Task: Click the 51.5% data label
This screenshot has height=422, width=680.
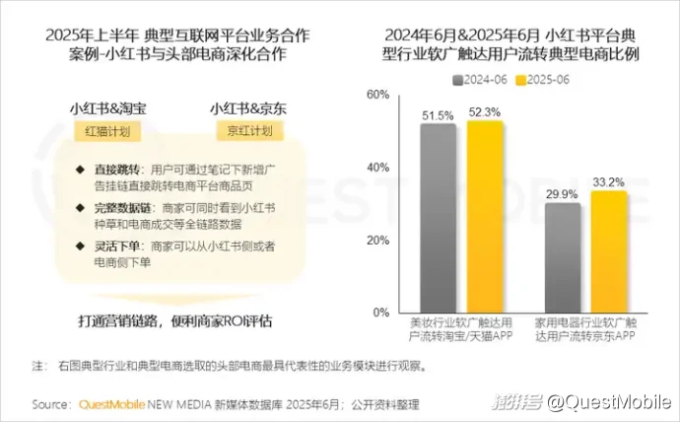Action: (438, 115)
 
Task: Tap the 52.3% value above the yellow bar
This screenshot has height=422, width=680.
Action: (485, 111)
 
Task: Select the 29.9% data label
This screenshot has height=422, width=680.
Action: (562, 195)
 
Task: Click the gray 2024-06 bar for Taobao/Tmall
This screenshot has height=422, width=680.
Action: (438, 218)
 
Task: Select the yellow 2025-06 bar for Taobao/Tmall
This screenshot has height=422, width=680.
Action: (485, 216)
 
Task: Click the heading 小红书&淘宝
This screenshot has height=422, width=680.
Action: (106, 106)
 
